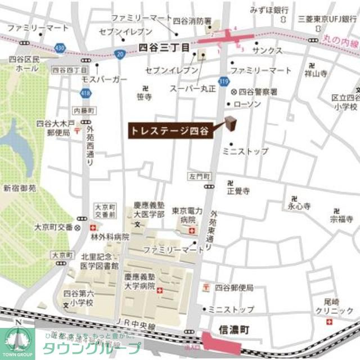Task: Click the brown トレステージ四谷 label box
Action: (169, 130)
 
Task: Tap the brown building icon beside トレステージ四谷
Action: (231, 122)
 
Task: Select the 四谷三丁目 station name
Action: (163, 49)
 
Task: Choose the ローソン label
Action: (247, 104)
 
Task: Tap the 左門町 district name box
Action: (199, 177)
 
